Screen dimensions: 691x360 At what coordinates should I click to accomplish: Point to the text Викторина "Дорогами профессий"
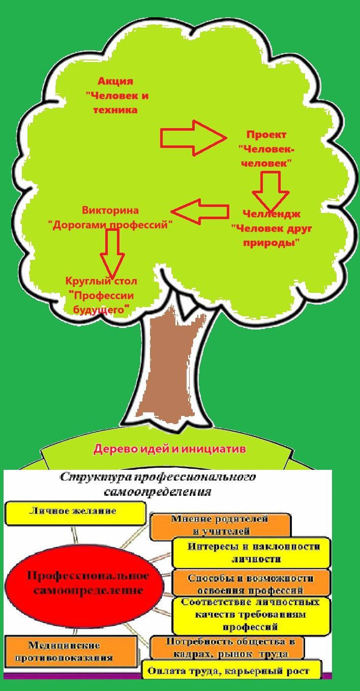pos(110,218)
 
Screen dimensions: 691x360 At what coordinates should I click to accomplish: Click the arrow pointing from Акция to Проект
pos(193,137)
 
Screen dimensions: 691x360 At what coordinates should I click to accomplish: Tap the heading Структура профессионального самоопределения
pos(158,485)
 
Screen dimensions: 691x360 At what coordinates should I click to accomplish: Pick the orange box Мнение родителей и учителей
pos(220,526)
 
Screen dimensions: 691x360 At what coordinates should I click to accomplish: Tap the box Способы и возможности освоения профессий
pos(251,584)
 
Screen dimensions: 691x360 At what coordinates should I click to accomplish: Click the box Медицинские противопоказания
pos(71,651)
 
